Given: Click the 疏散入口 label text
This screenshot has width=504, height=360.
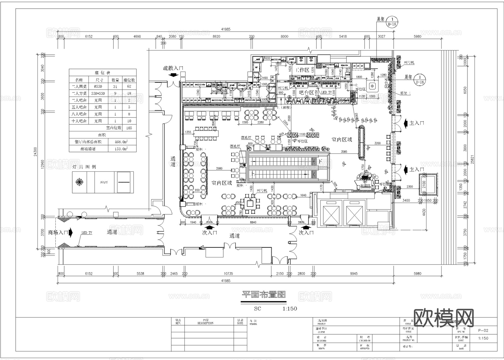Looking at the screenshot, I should (173, 68).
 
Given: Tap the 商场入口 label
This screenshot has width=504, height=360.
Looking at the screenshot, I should (58, 232).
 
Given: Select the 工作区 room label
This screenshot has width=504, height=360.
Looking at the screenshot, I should (302, 70).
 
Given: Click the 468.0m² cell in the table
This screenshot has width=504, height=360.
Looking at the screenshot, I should (122, 142).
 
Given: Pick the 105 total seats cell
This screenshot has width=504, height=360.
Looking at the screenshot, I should (129, 128).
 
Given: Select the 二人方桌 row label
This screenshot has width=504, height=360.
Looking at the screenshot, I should (79, 93).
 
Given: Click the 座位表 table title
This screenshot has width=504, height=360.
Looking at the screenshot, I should (102, 73).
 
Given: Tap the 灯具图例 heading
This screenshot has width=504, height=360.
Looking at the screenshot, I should (84, 167).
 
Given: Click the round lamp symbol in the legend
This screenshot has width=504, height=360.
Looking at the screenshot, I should (80, 182).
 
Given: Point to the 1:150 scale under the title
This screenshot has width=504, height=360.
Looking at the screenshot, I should (290, 308).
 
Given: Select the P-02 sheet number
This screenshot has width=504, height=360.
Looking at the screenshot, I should (483, 330).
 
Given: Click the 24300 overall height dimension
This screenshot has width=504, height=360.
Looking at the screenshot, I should (35, 151).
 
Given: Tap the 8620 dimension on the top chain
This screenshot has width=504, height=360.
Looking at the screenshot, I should (216, 36).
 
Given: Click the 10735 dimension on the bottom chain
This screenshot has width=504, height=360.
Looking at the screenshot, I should (228, 273).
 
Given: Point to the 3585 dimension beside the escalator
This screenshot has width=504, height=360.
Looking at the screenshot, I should (344, 152).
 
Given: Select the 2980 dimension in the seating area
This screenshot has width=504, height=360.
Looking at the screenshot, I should (219, 168).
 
